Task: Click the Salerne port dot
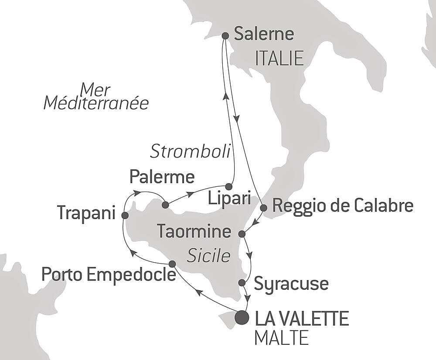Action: click(x=226, y=36)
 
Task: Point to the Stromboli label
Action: click(x=190, y=151)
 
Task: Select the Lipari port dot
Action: click(x=228, y=186)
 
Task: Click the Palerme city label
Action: click(x=162, y=177)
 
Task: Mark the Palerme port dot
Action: click(x=165, y=205)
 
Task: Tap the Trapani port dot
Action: click(x=125, y=215)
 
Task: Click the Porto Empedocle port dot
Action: click(x=172, y=264)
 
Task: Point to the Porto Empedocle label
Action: click(x=109, y=275)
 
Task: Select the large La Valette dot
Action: click(x=242, y=317)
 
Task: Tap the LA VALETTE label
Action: click(x=301, y=319)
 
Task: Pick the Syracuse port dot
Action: click(x=242, y=283)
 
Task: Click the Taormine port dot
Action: click(x=242, y=234)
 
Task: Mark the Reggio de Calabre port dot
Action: click(x=263, y=208)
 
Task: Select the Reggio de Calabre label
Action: click(x=342, y=206)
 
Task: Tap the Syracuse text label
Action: click(x=291, y=284)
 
